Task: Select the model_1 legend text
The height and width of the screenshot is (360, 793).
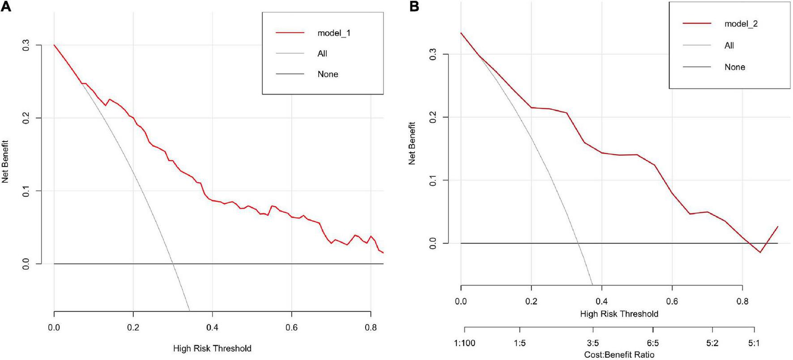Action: [334, 33]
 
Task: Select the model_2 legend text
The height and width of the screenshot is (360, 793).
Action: [741, 24]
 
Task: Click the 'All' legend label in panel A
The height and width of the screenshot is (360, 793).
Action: [322, 54]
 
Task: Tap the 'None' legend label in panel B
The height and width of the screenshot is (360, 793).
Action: [735, 67]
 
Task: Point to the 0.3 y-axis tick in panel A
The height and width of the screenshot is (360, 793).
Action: [26, 45]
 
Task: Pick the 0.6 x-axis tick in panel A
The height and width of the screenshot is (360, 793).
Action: [291, 327]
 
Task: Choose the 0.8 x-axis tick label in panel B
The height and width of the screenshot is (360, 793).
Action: [742, 301]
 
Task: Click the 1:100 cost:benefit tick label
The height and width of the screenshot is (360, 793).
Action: [465, 343]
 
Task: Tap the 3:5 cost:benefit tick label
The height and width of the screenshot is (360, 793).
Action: [593, 343]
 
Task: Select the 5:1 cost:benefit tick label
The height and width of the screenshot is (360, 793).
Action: [754, 343]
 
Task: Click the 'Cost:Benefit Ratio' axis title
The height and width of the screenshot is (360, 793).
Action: [619, 355]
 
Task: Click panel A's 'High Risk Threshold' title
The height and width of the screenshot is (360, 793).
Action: [212, 348]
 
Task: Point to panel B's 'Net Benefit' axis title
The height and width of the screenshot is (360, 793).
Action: [412, 143]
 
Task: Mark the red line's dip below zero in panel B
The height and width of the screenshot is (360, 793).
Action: [760, 252]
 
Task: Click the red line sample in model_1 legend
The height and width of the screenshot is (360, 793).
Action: [290, 33]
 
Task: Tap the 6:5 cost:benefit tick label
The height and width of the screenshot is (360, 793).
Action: [652, 343]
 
